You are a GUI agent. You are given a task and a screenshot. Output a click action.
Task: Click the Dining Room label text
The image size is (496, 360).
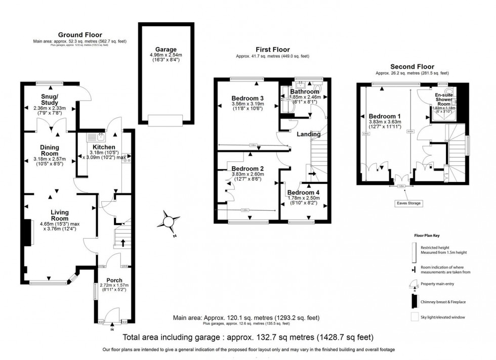click(x=50, y=150)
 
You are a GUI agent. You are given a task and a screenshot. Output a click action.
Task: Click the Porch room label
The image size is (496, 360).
click(x=114, y=280)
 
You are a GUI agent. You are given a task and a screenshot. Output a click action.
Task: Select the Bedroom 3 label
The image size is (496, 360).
click(x=248, y=98)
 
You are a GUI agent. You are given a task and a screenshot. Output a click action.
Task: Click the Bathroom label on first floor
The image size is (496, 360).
click(x=305, y=92)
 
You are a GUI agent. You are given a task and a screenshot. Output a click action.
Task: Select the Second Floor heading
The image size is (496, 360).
click(x=412, y=66)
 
